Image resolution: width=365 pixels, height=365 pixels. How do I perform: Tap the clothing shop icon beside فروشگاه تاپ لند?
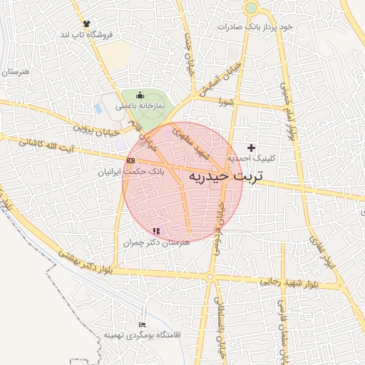coord(87,24)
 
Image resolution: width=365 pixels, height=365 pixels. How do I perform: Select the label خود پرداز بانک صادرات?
coord(256,26)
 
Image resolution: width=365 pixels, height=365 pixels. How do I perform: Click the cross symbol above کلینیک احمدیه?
coord(250,147)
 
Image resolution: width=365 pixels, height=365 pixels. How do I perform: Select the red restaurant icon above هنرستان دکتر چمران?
coord(156,231)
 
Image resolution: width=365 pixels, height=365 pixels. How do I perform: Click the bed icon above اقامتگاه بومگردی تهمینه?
coord(141,324)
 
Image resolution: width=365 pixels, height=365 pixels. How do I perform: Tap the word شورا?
coord(227,103)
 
